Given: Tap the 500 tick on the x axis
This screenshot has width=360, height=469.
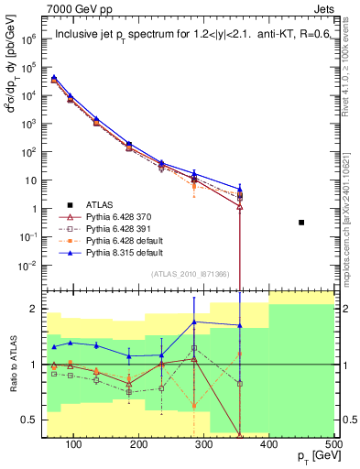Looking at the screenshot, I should pyautogui.click(x=334, y=443).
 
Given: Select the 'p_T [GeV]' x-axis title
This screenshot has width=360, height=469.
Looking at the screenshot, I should pyautogui.click(x=311, y=456).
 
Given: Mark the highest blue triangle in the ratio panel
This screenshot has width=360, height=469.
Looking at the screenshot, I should pyautogui.click(x=194, y=322).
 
